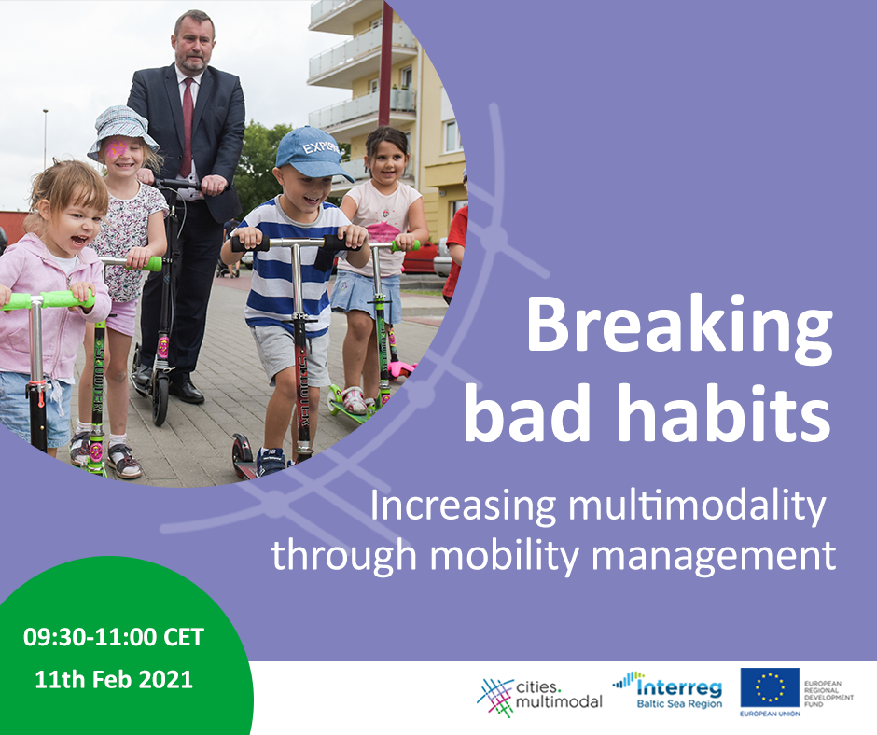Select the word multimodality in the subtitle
pyautogui.click(x=697, y=506)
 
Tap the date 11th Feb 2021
pyautogui.click(x=114, y=680)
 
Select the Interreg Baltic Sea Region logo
pyautogui.click(x=668, y=690)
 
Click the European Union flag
pyautogui.click(x=770, y=687)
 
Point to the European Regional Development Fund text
pyautogui.click(x=828, y=694)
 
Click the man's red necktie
pyautogui.click(x=187, y=128)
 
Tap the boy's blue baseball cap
pyautogui.click(x=313, y=152)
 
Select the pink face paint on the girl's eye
pyautogui.click(x=117, y=149)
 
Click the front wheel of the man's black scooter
pyautogui.click(x=160, y=399)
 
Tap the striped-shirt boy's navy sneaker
pyautogui.click(x=271, y=462)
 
